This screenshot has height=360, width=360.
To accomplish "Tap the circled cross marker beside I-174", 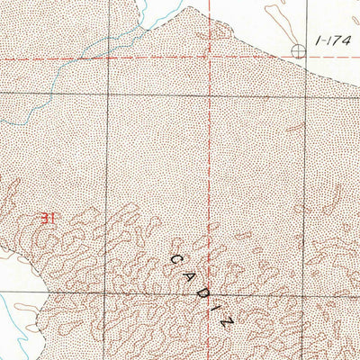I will (300, 49).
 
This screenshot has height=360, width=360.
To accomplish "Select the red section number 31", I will (49, 217).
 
